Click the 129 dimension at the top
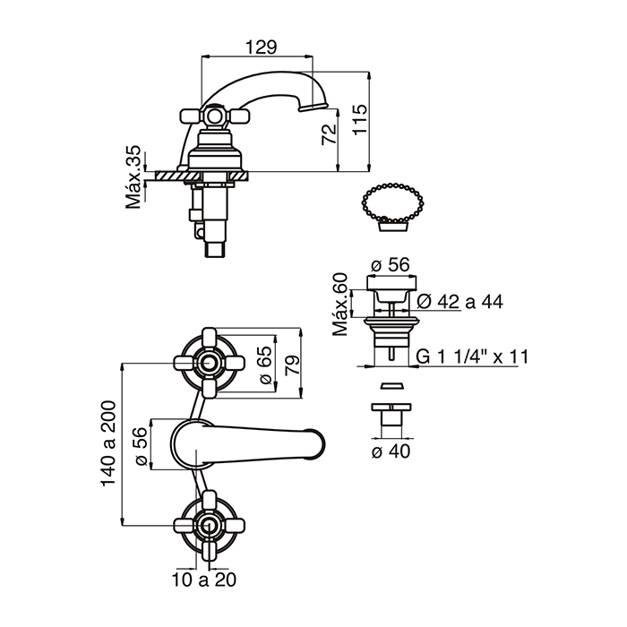tap(261, 47)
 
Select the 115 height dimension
tap(360, 120)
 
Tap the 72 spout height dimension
tap(329, 134)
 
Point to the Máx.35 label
tap(133, 176)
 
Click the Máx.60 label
tap(339, 305)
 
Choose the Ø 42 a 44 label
tap(460, 302)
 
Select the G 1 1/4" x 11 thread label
tap(472, 356)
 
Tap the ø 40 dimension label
tap(391, 451)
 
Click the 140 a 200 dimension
tap(108, 443)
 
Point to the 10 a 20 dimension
tap(204, 580)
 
